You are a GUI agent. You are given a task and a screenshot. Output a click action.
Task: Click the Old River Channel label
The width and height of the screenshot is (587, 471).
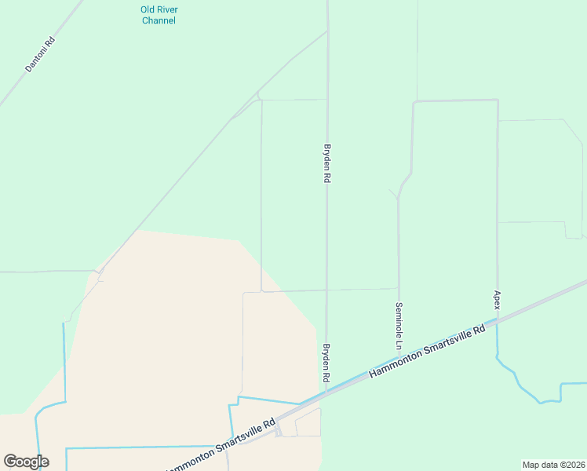pos(159,15)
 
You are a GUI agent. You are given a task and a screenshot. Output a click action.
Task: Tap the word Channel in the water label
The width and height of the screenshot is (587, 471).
pos(159,20)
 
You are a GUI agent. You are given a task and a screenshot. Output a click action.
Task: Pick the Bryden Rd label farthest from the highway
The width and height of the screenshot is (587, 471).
pos(327,162)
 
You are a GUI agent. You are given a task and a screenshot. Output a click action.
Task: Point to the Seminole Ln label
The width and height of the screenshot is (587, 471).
pos(399,326)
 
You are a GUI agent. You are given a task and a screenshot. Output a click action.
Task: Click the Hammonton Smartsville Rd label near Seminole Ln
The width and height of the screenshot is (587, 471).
pos(428,350)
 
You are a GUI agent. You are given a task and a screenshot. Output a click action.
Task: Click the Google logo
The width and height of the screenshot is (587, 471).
pos(26,462)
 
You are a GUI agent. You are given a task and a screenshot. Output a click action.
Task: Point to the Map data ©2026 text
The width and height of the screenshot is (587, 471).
pos(554,465)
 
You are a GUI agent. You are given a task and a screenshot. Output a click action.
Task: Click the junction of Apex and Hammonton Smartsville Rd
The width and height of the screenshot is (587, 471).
pos(497,319)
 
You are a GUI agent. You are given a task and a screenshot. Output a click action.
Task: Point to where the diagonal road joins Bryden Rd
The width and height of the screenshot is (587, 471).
pos(326,32)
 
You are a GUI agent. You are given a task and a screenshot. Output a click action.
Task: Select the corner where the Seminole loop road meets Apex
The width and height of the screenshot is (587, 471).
pos(498,100)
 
